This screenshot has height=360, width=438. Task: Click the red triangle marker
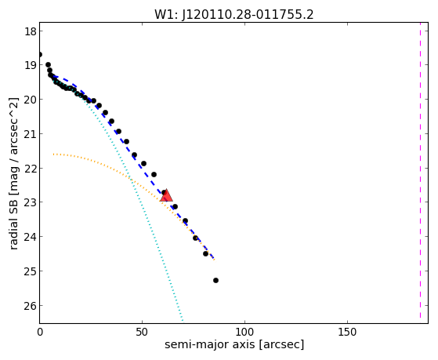(x=166, y=195)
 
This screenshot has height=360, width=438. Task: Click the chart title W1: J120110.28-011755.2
(x=234, y=15)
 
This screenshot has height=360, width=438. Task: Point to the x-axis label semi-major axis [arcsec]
(x=234, y=344)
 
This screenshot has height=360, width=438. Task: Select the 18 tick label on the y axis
(x=31, y=31)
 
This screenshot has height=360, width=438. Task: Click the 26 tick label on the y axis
(x=31, y=306)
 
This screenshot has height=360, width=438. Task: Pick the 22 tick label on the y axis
(x=31, y=169)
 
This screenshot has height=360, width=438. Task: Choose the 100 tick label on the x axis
(x=244, y=333)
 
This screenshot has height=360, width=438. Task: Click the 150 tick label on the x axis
(x=347, y=333)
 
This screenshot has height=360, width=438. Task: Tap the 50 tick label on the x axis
(x=142, y=333)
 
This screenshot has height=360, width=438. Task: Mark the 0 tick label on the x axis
(x=40, y=333)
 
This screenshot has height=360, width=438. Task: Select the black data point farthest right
(x=215, y=280)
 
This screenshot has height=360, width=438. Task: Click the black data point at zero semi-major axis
(x=40, y=54)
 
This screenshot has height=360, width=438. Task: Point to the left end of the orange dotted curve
(x=53, y=155)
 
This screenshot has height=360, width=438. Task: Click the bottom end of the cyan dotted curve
(x=183, y=320)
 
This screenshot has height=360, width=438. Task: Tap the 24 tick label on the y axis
(x=31, y=237)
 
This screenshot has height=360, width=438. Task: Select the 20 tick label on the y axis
(x=31, y=100)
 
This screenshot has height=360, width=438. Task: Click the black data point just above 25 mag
(x=206, y=253)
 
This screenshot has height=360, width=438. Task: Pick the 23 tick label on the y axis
(x=31, y=202)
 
